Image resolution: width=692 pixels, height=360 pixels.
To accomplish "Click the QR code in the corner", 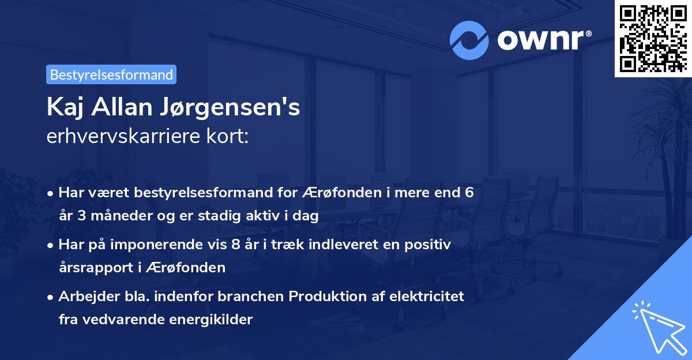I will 653,38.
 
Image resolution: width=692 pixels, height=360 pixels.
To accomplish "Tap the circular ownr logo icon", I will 468,40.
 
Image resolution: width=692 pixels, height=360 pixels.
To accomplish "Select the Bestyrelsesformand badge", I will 111,74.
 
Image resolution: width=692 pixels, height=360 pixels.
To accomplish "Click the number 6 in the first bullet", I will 469,193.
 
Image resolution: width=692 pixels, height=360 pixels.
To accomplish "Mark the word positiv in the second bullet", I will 430,245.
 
